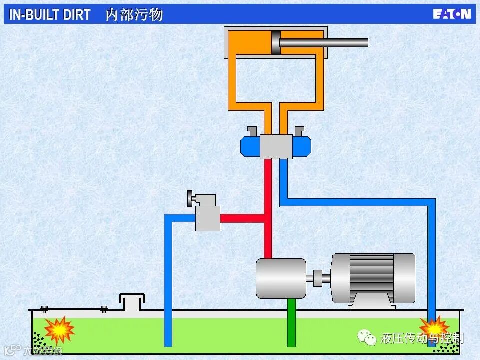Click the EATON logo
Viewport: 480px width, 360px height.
coord(452,14)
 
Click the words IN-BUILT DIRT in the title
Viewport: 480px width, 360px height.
coord(50,15)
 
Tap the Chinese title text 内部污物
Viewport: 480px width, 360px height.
coord(134,15)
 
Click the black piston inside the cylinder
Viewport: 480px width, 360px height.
coord(276,43)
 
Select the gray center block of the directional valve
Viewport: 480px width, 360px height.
coord(276,146)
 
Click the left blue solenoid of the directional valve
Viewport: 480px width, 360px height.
coord(250,146)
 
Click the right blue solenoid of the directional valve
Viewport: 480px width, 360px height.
coord(302,146)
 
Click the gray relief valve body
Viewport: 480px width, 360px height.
coord(207,218)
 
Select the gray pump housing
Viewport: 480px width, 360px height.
coord(280,278)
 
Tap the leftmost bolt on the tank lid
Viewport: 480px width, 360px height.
coord(44,309)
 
